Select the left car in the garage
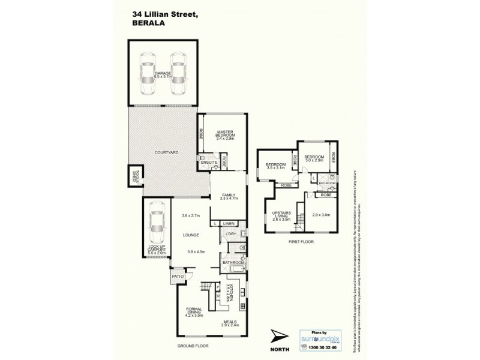click(146, 74)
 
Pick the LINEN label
click(229, 224)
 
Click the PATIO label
click(177, 277)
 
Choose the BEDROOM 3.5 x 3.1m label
click(275, 166)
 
